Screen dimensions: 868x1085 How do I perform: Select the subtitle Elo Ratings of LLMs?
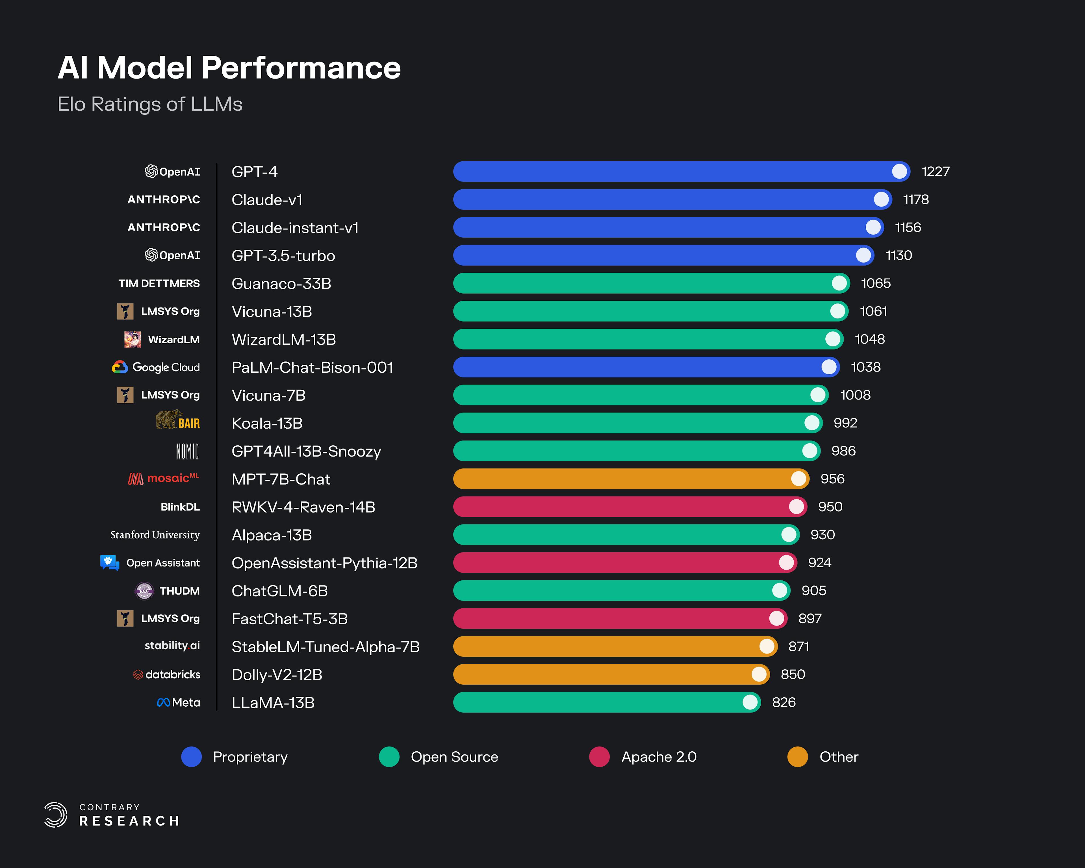pos(150,104)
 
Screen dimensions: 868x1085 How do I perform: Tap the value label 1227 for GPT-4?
pos(935,172)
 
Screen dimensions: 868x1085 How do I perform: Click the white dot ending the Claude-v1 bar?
pos(881,199)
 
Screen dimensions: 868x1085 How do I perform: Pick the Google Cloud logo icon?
pos(119,367)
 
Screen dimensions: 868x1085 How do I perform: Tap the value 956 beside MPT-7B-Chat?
pos(832,479)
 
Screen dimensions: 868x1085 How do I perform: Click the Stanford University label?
pos(155,535)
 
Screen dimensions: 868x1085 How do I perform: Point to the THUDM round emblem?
pos(144,591)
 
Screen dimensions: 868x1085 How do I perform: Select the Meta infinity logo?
pos(163,702)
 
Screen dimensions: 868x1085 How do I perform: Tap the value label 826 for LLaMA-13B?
pos(784,702)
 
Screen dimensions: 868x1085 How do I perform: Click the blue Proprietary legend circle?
pos(191,757)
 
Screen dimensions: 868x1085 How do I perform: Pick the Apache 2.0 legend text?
pos(659,757)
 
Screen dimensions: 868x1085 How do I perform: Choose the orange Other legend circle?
pos(797,757)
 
